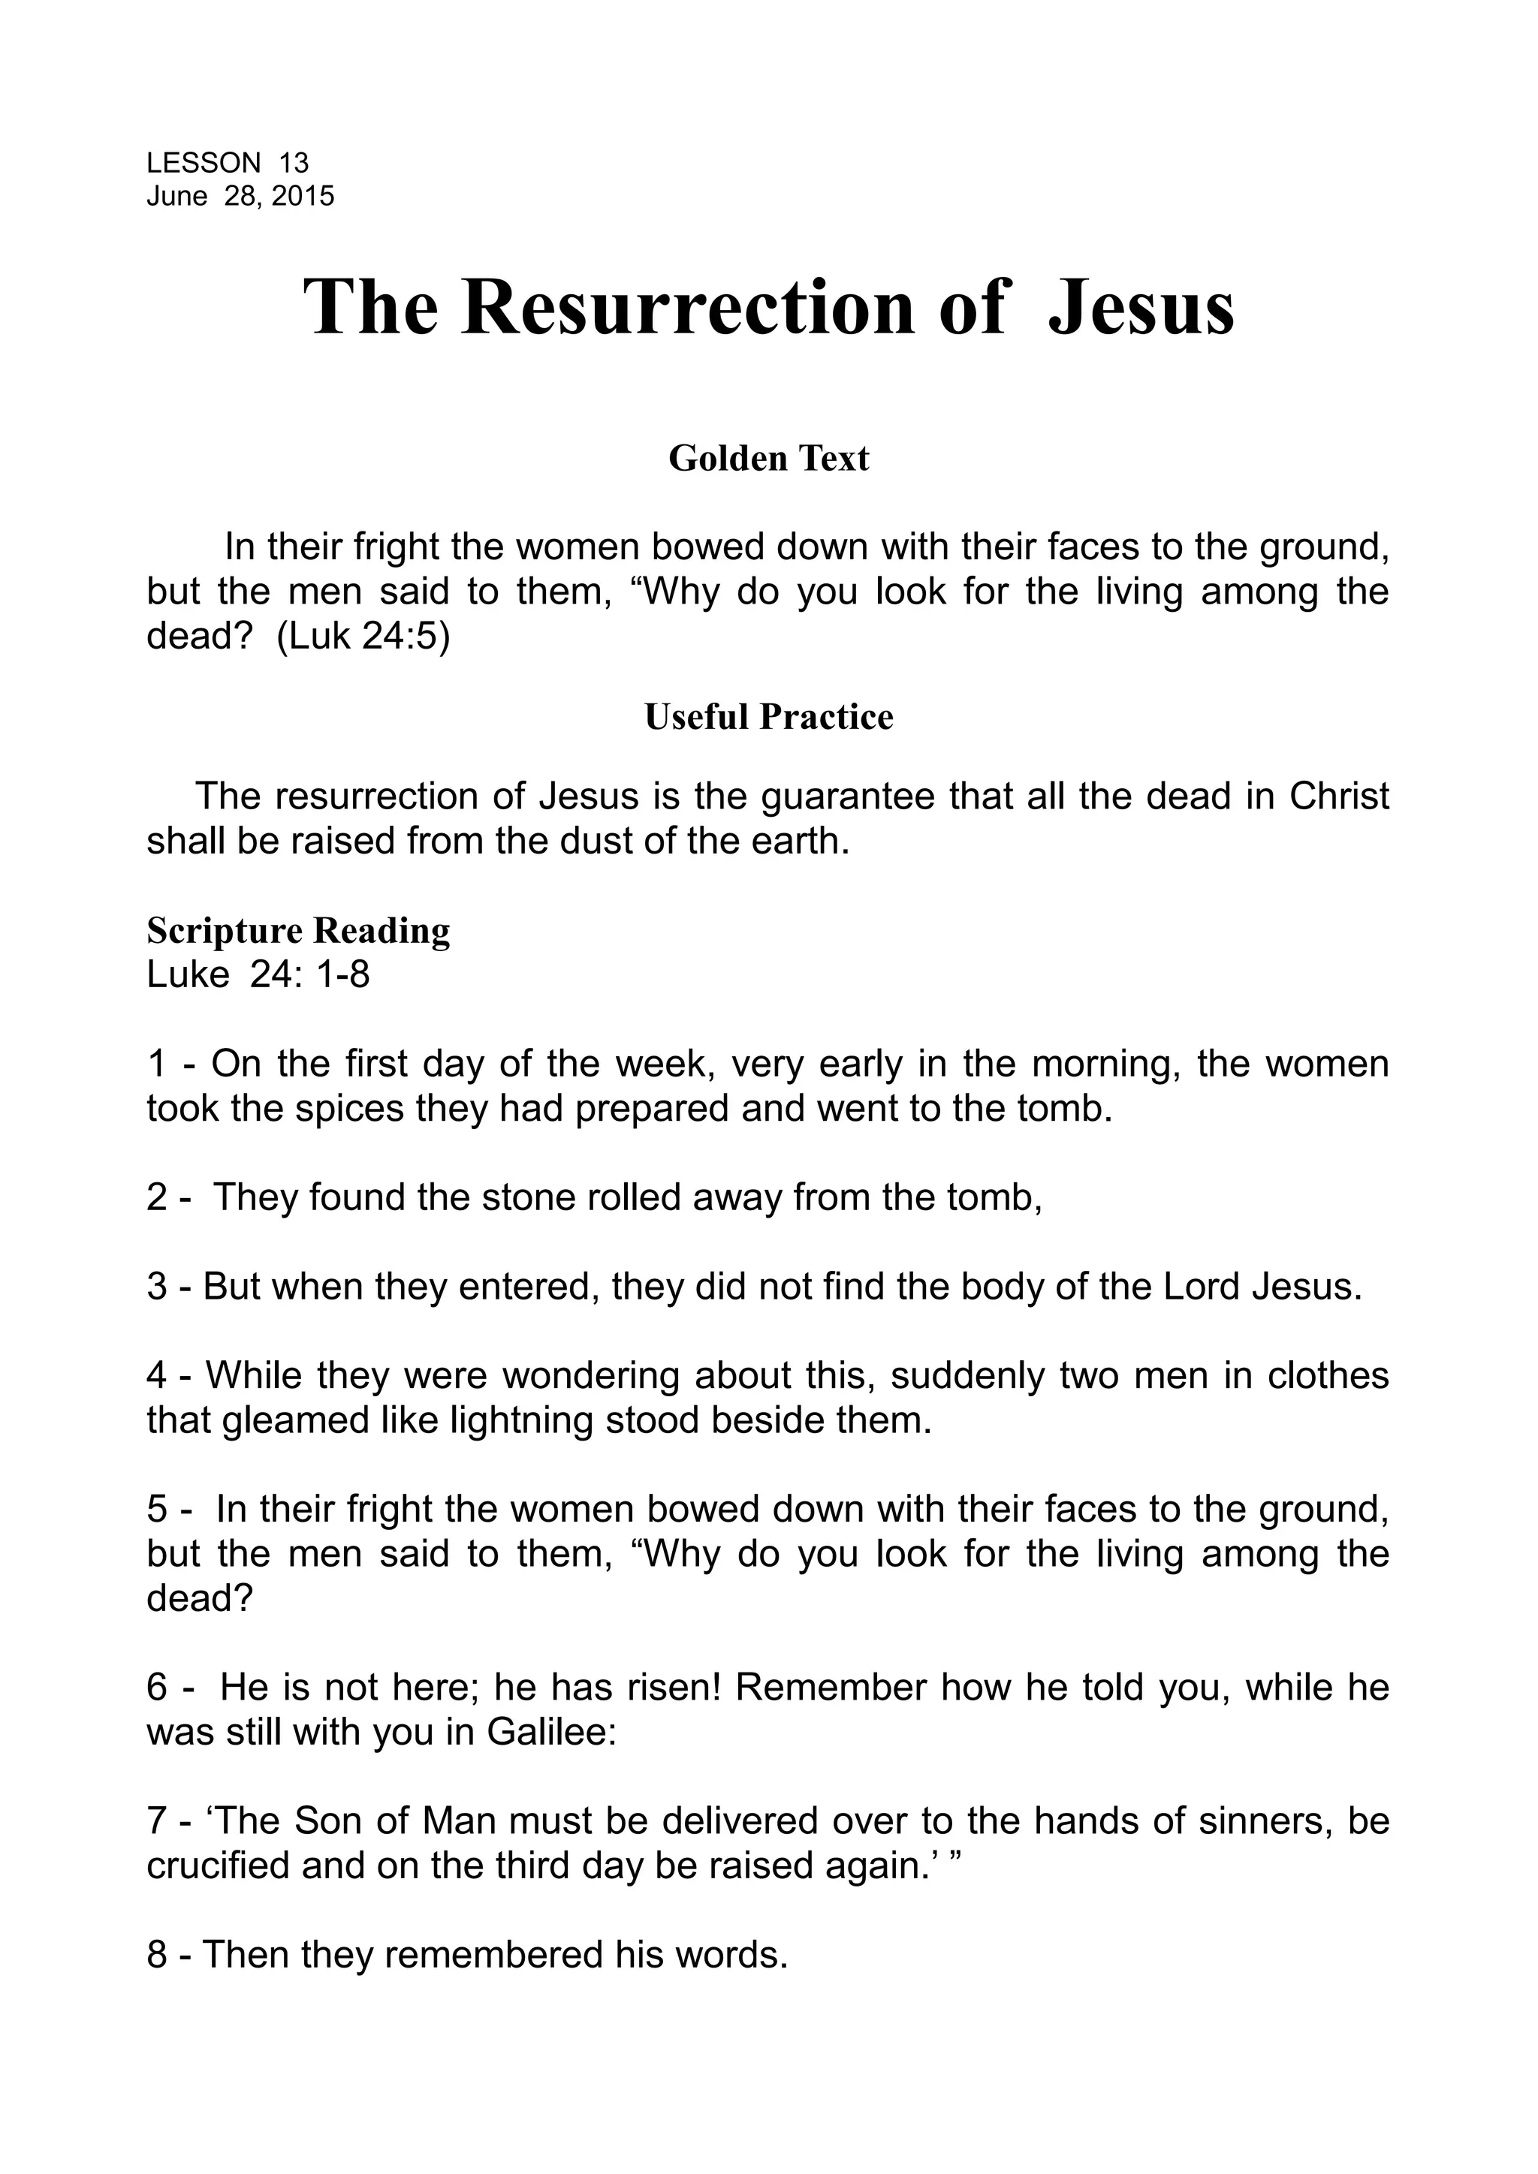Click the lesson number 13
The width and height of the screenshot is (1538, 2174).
[x=294, y=163]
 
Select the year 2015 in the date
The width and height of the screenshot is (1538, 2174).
[x=303, y=196]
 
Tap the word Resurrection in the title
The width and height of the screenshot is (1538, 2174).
[x=689, y=308]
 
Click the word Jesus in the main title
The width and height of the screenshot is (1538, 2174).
[x=1141, y=308]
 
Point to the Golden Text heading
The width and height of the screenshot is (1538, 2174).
[x=768, y=458]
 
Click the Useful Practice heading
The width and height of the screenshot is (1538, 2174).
[x=768, y=717]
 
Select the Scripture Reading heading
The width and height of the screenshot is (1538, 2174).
[x=298, y=931]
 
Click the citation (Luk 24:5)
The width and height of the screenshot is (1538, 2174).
[x=363, y=637]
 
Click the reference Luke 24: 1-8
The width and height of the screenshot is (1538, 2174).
[x=258, y=974]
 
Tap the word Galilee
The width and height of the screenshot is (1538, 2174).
[x=552, y=1732]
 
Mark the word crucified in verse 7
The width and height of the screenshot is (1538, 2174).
[x=219, y=1865]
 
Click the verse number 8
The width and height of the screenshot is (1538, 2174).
[x=156, y=1954]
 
